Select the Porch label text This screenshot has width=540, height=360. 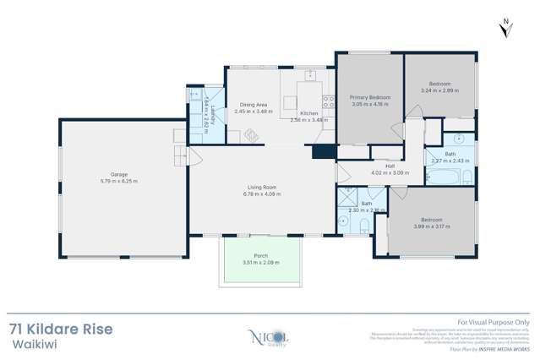click(261, 256)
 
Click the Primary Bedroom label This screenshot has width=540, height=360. click(369, 98)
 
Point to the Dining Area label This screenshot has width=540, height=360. click(254, 104)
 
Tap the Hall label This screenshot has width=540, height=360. click(390, 166)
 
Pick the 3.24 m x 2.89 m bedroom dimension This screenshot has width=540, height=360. click(439, 90)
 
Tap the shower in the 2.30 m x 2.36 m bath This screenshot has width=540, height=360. click(346, 199)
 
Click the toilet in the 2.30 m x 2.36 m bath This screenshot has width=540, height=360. click(361, 223)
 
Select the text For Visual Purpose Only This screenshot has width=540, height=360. click(493, 322)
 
